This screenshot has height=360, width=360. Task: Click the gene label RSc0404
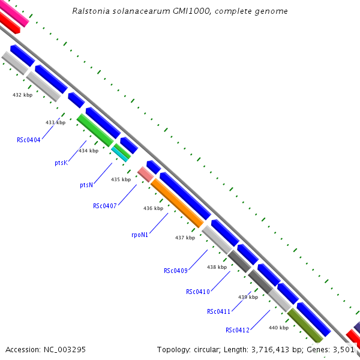[x=29, y=140]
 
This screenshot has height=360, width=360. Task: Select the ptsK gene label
[x=61, y=163]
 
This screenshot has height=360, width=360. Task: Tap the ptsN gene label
[x=86, y=185]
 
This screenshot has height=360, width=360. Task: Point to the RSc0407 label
[x=104, y=206]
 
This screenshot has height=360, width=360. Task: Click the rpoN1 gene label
[x=139, y=235]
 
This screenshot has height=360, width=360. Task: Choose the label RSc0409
[x=176, y=271]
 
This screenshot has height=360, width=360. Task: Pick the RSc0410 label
[x=198, y=292]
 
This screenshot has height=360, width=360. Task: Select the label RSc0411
[x=219, y=311]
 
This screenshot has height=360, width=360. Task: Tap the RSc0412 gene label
[x=238, y=331]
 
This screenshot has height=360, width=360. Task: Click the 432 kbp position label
[x=22, y=95]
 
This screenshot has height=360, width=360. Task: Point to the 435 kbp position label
[x=121, y=179]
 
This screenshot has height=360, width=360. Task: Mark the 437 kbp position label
[x=185, y=238]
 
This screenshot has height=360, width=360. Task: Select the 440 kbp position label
[x=278, y=328]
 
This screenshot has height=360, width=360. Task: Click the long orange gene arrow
[x=177, y=203]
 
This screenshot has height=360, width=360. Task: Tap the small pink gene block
[x=145, y=174]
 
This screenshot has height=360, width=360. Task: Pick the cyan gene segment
[x=121, y=154]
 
